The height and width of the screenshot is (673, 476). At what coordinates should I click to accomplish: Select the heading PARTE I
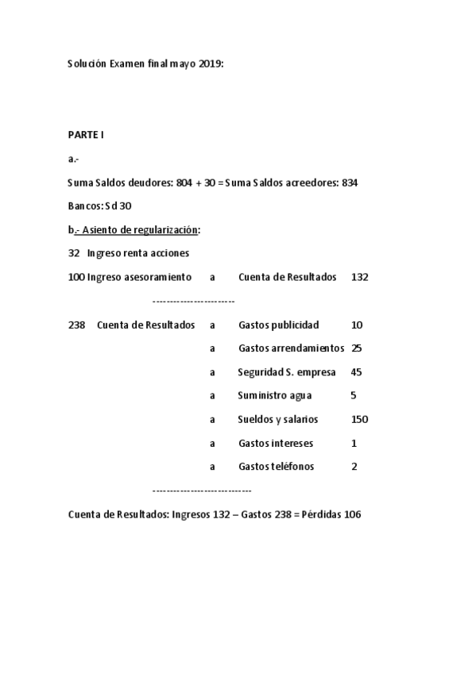pos(86,135)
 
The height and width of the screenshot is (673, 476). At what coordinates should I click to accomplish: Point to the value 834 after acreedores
pos(350,183)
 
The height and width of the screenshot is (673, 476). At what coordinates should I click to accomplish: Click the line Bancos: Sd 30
pos(100,206)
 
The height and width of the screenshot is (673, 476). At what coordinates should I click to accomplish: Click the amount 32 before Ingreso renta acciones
pos(74,254)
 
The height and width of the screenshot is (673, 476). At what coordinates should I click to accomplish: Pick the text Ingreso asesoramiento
pos(139,278)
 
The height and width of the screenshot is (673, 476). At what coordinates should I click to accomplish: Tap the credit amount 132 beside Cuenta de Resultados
pos(359,278)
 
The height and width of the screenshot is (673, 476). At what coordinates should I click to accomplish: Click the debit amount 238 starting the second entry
pos(77,325)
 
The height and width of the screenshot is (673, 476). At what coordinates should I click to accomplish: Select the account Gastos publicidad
pos(278,325)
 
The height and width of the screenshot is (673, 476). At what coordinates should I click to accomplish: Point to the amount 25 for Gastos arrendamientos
pos(356,348)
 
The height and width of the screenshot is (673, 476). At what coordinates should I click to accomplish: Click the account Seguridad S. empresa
pos(286,372)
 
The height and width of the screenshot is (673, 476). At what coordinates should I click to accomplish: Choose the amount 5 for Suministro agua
pos(353,395)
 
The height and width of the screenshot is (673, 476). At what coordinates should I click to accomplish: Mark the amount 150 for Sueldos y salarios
pos(359,419)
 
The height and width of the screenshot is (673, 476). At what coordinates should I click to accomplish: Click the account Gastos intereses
pos(275,443)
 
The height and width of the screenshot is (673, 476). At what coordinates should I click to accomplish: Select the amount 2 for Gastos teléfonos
pos(354,467)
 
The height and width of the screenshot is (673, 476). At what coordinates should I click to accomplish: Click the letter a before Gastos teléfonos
pos(212,467)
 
